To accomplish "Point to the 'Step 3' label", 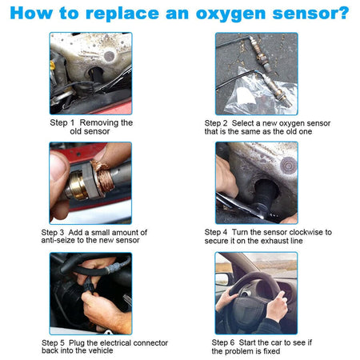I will click(x=57, y=232).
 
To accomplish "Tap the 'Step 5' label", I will click(x=57, y=342).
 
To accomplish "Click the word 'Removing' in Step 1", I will click(x=106, y=122).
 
